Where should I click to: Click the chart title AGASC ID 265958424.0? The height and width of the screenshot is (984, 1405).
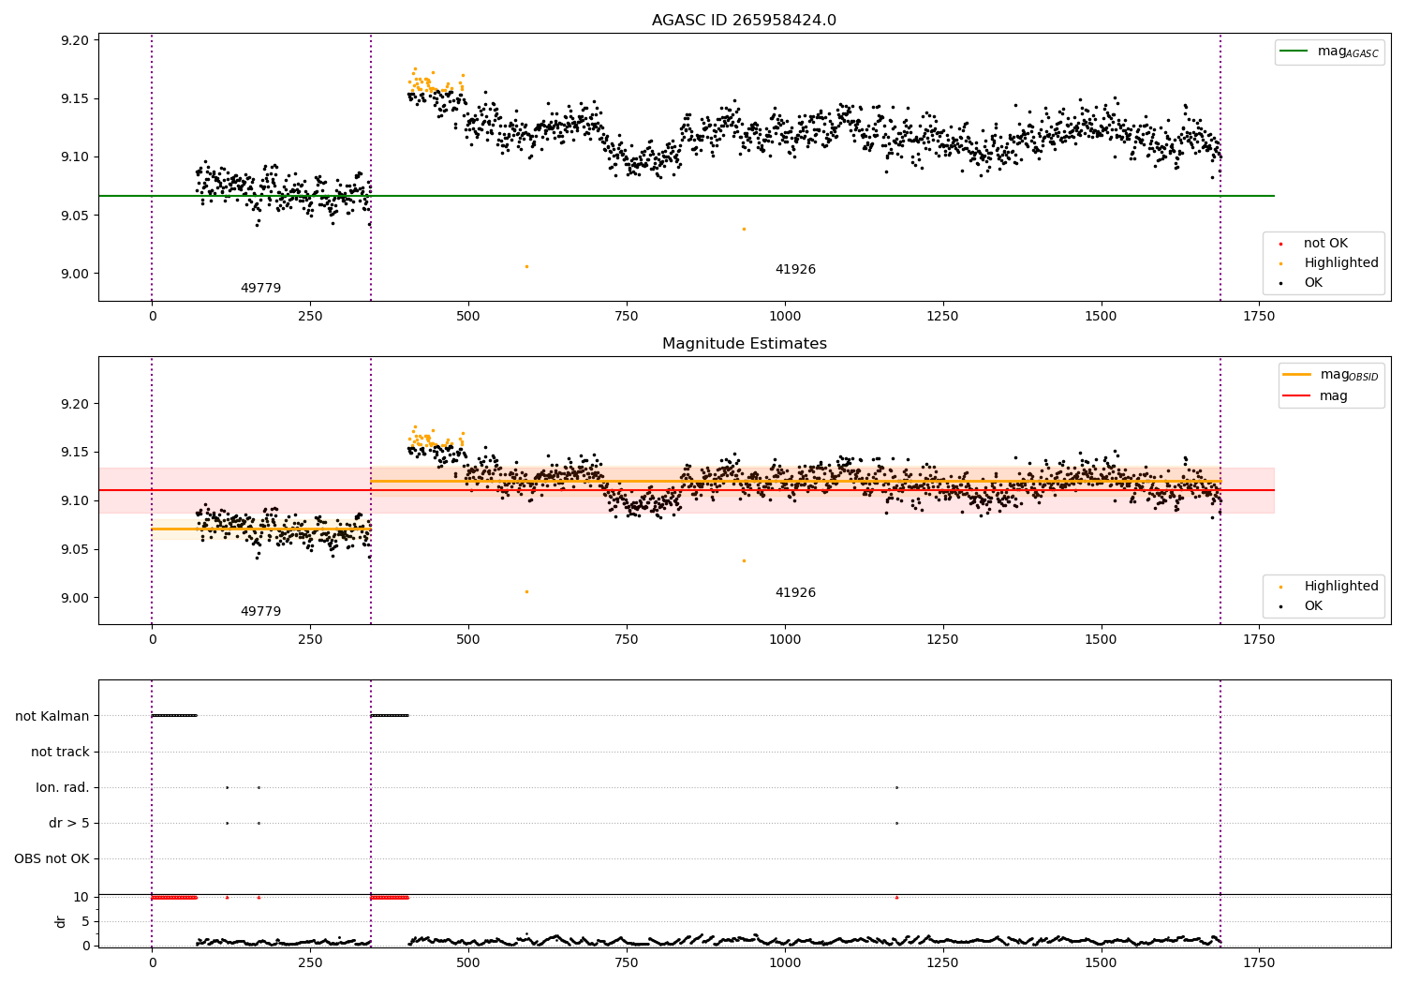744,21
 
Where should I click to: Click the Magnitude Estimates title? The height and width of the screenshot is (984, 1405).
744,344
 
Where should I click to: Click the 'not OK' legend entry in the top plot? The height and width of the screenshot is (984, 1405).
1325,244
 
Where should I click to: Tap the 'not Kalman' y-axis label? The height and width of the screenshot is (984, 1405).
52,716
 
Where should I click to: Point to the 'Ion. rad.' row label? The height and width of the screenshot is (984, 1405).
63,787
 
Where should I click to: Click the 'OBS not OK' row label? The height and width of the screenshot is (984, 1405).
52,858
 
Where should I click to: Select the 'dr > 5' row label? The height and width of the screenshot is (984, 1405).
69,823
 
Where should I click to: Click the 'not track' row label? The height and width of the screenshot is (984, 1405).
60,752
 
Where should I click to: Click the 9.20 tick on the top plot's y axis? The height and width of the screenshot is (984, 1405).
75,40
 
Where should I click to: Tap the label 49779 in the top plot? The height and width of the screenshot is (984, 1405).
260,288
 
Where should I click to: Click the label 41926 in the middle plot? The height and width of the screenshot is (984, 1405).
795,592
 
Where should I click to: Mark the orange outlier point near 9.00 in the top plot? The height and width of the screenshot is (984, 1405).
526,266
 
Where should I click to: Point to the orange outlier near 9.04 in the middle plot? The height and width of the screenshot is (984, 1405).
744,560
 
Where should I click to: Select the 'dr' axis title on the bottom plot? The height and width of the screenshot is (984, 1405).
61,921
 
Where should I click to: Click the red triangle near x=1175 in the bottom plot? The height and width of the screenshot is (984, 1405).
896,897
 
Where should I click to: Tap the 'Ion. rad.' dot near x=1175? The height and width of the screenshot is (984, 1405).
896,787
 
